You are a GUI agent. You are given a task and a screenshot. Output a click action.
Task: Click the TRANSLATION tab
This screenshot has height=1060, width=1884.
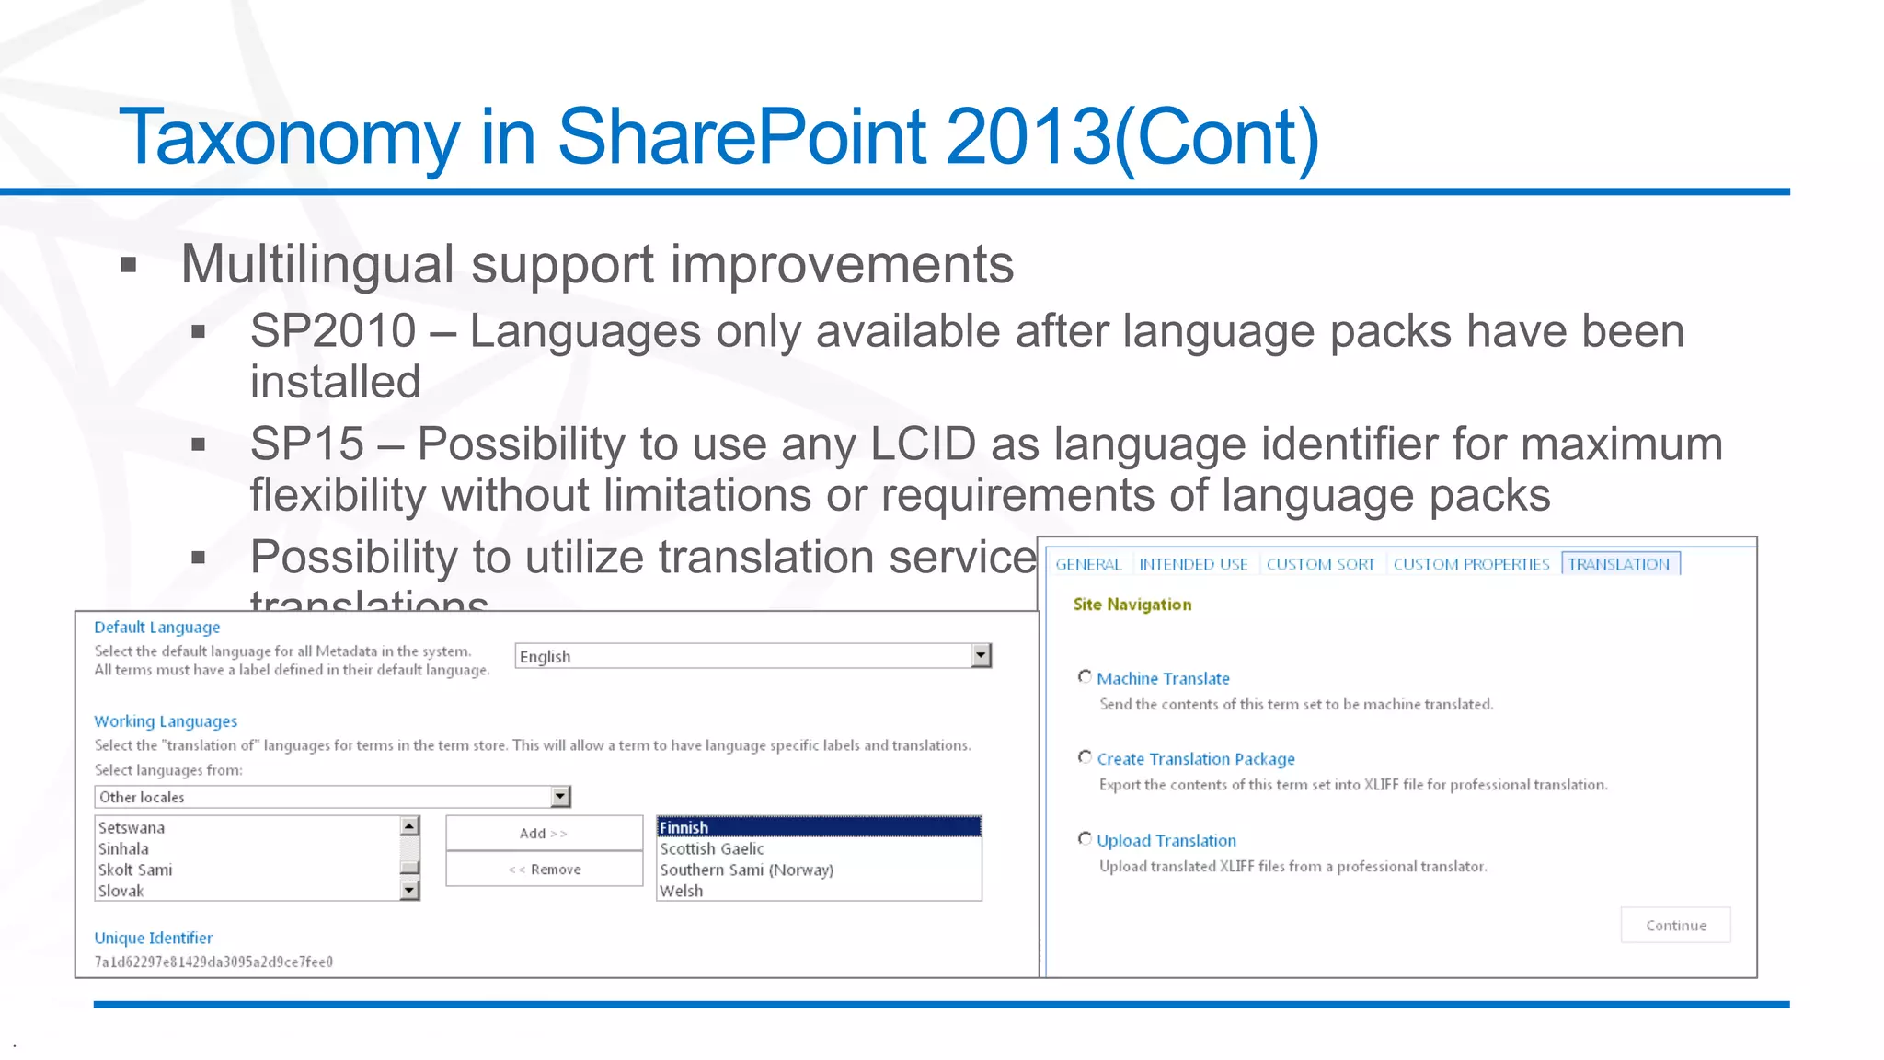[1619, 564]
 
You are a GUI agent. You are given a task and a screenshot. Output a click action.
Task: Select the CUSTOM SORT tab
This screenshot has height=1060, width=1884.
[1319, 564]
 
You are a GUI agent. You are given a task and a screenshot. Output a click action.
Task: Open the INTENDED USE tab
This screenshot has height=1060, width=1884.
[1193, 564]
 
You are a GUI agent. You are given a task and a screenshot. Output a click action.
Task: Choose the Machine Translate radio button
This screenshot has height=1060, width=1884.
[1085, 677]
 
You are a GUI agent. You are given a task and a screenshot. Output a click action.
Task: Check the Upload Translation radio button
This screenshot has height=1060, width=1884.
[1085, 839]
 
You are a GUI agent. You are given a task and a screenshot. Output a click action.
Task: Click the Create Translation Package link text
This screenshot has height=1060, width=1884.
[1195, 759]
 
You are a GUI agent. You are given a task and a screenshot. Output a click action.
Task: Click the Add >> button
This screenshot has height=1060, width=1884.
[544, 833]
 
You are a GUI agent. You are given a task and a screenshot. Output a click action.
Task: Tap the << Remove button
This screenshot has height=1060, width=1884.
[544, 870]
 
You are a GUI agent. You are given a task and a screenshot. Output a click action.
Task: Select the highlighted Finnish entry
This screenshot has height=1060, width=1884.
[819, 827]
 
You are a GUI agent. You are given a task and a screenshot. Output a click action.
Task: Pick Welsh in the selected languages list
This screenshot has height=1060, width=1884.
[682, 891]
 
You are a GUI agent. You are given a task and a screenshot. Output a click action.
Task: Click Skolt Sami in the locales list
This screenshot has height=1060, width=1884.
[135, 870]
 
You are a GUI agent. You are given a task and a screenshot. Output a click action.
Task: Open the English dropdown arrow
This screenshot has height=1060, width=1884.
[981, 655]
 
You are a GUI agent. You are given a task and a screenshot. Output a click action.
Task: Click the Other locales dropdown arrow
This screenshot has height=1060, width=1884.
[560, 797]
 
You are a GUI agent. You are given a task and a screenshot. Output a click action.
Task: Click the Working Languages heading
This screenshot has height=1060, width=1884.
[166, 721]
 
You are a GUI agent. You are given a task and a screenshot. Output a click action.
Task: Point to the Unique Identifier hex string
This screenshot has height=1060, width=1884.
[213, 962]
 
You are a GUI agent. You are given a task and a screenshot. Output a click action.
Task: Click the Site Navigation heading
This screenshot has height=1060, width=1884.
[1132, 605]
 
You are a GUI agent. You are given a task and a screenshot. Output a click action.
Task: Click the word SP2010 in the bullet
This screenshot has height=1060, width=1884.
[333, 331]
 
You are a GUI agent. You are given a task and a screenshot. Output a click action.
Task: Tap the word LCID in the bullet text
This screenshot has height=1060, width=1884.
[923, 444]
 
